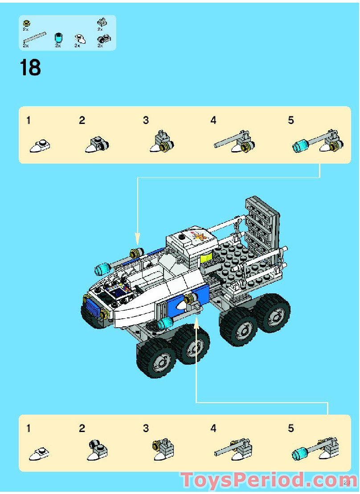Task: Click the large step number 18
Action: pyautogui.click(x=30, y=68)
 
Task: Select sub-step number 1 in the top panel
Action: pyautogui.click(x=29, y=120)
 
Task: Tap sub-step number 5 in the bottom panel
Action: pyautogui.click(x=291, y=428)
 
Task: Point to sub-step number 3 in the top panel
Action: pyautogui.click(x=146, y=120)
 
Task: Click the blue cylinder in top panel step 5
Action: pyautogui.click(x=300, y=145)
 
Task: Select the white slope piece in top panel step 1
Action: pyautogui.click(x=40, y=145)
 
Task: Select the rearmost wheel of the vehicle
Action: pyautogui.click(x=273, y=312)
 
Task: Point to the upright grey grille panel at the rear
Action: pyautogui.click(x=263, y=223)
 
